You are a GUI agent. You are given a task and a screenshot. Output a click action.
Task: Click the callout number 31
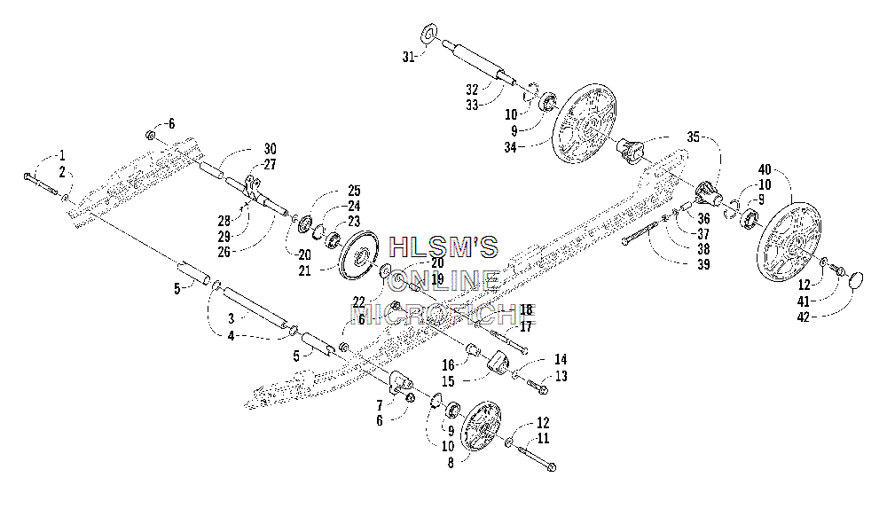(x=408, y=57)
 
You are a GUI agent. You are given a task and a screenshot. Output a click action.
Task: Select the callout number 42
(x=804, y=317)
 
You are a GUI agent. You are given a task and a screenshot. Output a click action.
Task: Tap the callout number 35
(x=693, y=137)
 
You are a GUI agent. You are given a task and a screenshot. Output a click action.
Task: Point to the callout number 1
(x=62, y=155)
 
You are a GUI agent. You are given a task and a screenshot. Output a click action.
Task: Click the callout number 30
(x=270, y=149)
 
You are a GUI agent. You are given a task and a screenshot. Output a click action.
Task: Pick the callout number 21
(x=305, y=271)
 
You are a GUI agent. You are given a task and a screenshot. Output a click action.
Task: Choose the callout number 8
(x=451, y=463)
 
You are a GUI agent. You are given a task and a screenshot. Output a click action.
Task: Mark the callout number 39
(x=703, y=264)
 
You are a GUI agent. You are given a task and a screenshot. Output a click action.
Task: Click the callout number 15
(x=448, y=381)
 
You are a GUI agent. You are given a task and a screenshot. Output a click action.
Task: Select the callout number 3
(x=232, y=319)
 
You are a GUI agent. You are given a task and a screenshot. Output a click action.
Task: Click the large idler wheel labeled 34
(x=585, y=124)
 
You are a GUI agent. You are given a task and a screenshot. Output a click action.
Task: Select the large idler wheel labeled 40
(x=788, y=244)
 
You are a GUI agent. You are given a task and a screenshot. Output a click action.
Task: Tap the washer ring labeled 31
(x=430, y=33)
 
